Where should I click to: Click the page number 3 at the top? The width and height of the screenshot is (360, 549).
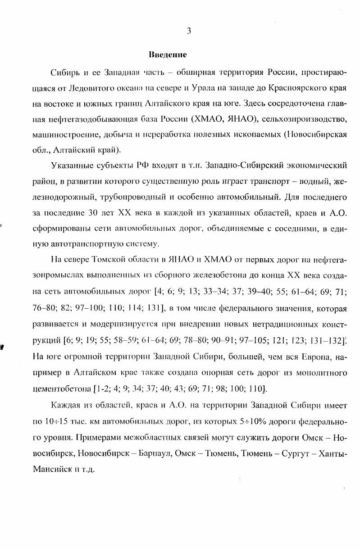point(189,31)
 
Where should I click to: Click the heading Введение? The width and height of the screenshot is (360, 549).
point(168,55)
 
